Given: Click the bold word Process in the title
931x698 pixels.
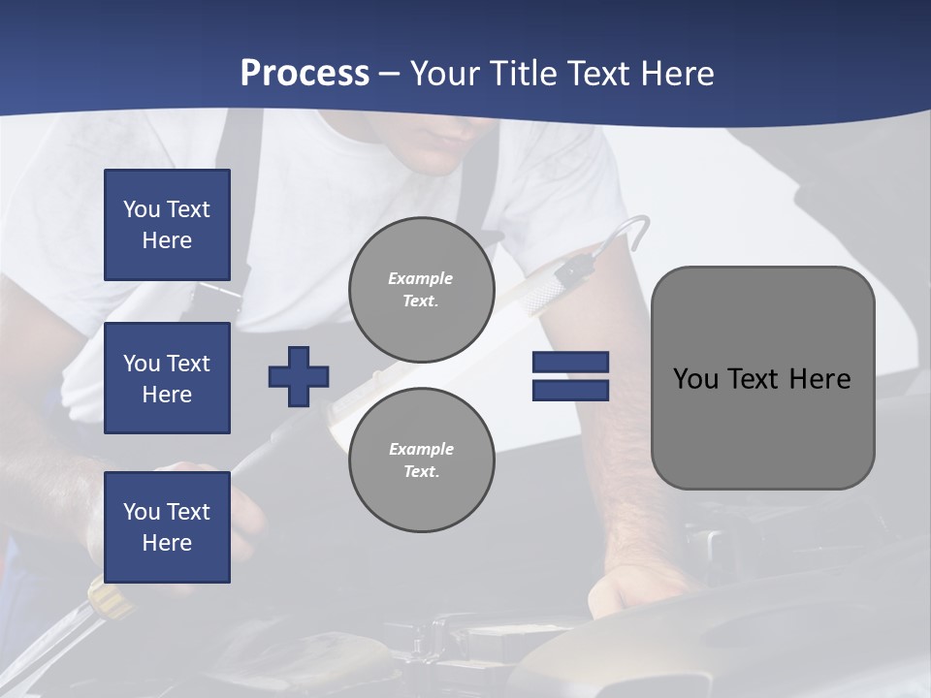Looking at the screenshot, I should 305,74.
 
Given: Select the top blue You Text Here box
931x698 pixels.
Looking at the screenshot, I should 167,225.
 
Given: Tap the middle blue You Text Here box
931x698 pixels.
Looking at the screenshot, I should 167,378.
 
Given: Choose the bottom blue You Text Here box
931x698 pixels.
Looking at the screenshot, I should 167,526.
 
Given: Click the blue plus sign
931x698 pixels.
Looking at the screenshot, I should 299,376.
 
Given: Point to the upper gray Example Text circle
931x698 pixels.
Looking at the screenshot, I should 422,290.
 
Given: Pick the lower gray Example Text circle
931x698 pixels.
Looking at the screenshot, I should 422,460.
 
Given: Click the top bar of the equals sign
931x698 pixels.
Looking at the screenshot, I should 570,363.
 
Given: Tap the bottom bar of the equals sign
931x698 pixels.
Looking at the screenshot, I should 570,390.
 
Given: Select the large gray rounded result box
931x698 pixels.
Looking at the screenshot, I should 762,378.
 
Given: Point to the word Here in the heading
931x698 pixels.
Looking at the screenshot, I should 679,74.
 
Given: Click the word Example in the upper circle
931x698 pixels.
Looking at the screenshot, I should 420,278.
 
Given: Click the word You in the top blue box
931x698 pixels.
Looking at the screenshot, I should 141,209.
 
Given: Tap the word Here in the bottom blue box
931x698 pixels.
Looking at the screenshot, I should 167,543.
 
